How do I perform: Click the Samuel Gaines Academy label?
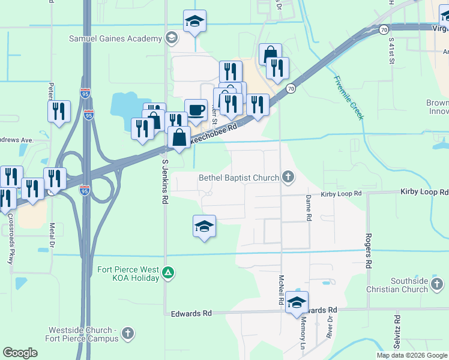point(128,38)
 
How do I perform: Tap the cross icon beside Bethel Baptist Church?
point(288,177)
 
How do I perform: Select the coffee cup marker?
point(196,110)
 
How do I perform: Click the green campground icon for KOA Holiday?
point(169,274)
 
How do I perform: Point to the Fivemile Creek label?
point(349,98)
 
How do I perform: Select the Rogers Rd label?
point(369,250)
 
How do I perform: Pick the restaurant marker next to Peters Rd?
point(59,111)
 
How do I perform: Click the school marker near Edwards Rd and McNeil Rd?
point(297,303)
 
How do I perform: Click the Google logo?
point(20,353)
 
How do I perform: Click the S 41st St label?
point(391,51)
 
